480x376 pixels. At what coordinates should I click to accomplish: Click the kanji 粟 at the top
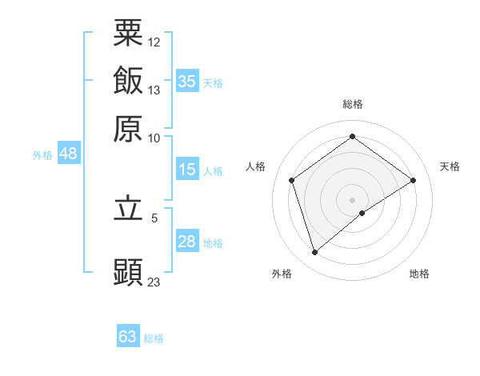128,34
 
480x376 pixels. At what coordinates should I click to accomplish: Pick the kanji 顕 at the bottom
128,273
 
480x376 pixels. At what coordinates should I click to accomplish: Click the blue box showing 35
187,81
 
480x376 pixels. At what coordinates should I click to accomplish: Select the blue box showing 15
187,170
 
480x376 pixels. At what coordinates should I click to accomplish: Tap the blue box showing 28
187,242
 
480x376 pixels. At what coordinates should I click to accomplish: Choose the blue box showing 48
68,154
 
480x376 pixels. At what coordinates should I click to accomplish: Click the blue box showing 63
128,337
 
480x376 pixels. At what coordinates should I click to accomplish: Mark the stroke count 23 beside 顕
154,282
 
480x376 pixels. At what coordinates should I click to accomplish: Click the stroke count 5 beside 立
154,217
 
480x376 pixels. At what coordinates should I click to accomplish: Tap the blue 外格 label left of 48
42,155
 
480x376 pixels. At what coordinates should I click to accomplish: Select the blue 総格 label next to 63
154,338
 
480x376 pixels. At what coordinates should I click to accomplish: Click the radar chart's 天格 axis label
450,166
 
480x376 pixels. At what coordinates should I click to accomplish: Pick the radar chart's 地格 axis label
419,274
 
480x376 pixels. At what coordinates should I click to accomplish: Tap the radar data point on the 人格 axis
292,180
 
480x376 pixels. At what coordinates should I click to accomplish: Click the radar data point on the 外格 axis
314,253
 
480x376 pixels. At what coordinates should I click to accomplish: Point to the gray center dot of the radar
352,199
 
